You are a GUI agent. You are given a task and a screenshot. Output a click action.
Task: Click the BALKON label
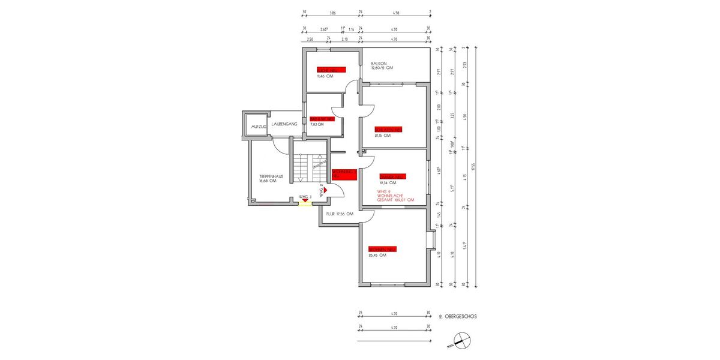pyautogui.click(x=379, y=63)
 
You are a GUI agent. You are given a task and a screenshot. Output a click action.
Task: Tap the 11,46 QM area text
pyautogui.click(x=326, y=76)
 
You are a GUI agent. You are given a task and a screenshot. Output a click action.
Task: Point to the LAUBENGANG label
pyautogui.click(x=284, y=124)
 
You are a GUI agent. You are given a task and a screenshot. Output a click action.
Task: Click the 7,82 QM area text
pyautogui.click(x=318, y=125)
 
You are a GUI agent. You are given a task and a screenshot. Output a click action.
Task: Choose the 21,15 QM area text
pyautogui.click(x=383, y=135)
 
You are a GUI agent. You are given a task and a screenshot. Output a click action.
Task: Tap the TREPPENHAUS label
pyautogui.click(x=267, y=176)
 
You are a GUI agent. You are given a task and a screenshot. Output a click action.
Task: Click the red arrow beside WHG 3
pyautogui.click(x=305, y=200)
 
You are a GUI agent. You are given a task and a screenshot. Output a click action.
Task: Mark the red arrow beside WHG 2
pyautogui.click(x=326, y=189)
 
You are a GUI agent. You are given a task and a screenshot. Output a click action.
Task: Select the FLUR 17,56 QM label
pyautogui.click(x=340, y=214)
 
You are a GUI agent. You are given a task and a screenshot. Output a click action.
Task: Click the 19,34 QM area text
pyautogui.click(x=388, y=182)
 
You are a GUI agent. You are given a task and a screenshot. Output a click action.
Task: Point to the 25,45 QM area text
pyautogui.click(x=377, y=255)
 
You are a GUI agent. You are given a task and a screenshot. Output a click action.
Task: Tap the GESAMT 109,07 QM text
pyautogui.click(x=395, y=200)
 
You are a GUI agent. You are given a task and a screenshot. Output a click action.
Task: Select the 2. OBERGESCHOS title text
pyautogui.click(x=458, y=315)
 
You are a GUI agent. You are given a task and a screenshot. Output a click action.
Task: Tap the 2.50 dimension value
pyautogui.click(x=310, y=39)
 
